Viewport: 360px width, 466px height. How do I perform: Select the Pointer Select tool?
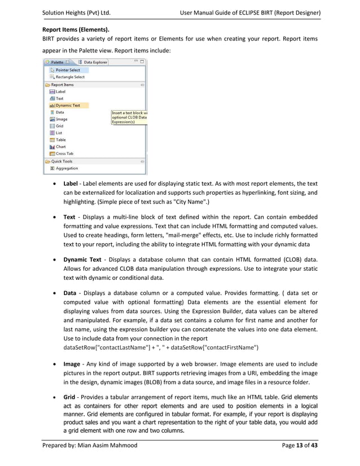(67, 70)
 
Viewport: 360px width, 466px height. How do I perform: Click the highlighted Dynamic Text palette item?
(67, 105)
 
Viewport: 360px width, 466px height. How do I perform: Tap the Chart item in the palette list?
(60, 147)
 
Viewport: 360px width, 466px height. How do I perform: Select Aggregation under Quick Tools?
(66, 168)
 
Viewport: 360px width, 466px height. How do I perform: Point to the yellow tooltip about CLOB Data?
(129, 117)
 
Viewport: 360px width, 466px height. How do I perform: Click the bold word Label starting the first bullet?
(71, 183)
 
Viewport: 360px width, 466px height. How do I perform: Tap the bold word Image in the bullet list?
(71, 364)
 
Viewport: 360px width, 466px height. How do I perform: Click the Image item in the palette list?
(61, 119)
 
